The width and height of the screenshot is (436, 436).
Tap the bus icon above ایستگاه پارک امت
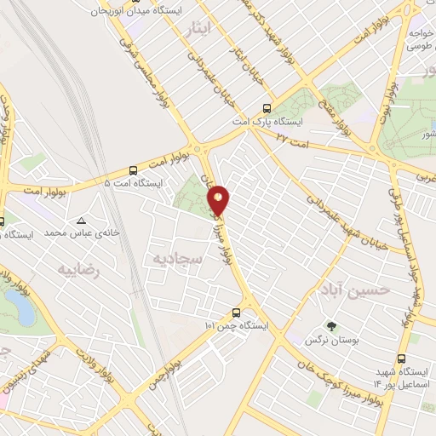pyautogui.click(x=267, y=108)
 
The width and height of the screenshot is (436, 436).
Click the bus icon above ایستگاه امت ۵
pyautogui.click(x=133, y=170)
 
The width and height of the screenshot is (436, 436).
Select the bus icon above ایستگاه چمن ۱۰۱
pyautogui.click(x=237, y=312)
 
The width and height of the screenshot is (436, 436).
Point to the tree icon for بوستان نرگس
pyautogui.click(x=332, y=326)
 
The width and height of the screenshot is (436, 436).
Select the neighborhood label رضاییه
pyautogui.click(x=78, y=270)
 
